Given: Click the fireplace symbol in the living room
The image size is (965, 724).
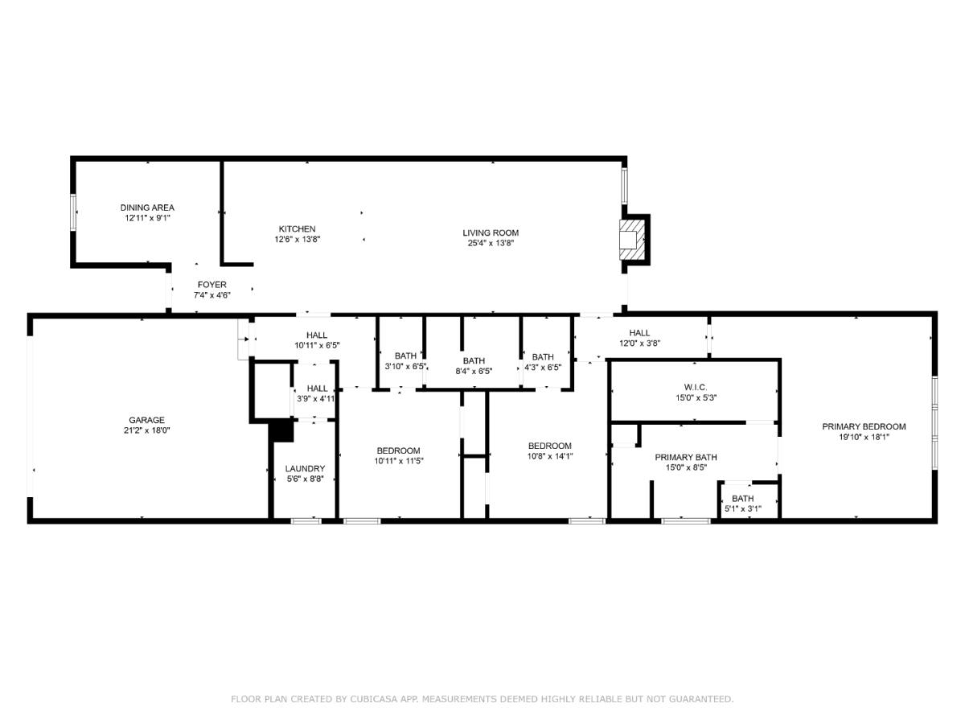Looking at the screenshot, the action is (631, 240).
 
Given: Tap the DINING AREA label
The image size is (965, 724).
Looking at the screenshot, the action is (147, 208).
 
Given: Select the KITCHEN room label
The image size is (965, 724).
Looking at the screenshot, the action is (298, 229).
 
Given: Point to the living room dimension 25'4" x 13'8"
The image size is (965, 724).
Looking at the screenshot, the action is (491, 243).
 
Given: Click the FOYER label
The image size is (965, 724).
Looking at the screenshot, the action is (212, 285).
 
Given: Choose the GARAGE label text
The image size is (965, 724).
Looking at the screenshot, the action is (147, 420).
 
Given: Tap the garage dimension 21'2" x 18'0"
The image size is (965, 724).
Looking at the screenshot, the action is (147, 430).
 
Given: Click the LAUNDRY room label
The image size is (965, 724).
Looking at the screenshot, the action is (305, 469).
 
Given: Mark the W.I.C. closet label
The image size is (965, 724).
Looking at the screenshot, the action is (696, 387).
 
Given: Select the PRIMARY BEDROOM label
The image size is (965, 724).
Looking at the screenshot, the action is (864, 426).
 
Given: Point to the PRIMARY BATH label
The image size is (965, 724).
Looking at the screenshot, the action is (686, 457).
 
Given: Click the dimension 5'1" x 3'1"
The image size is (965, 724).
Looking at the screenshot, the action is (743, 509).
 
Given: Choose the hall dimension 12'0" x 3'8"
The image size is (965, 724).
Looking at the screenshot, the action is (639, 343).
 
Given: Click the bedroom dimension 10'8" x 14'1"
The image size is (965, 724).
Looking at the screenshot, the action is (550, 456).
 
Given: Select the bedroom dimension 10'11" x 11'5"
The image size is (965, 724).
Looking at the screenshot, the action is (399, 461).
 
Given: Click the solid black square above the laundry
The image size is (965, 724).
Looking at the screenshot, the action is (281, 431).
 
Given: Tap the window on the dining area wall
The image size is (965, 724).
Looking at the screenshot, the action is (73, 212).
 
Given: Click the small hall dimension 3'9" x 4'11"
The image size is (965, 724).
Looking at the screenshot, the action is (316, 399).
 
